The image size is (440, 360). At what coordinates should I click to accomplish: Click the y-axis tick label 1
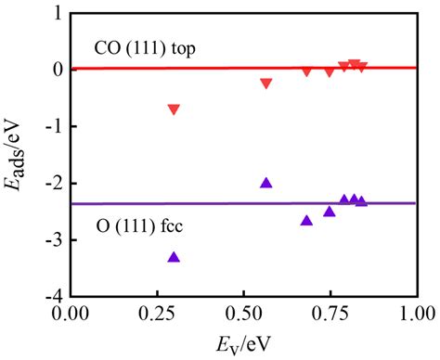pos(57,14)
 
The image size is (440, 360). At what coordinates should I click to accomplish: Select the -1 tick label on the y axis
pos(53,127)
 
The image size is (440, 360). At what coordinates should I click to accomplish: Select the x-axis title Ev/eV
pos(242,343)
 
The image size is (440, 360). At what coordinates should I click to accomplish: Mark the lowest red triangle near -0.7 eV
pos(174,109)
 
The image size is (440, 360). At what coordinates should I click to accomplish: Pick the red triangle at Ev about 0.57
pos(266,84)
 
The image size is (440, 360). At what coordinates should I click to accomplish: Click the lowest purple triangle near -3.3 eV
pos(174,257)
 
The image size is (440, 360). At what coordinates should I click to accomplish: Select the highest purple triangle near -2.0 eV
pos(266,183)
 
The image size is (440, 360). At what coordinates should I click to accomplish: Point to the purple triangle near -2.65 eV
pos(306,220)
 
